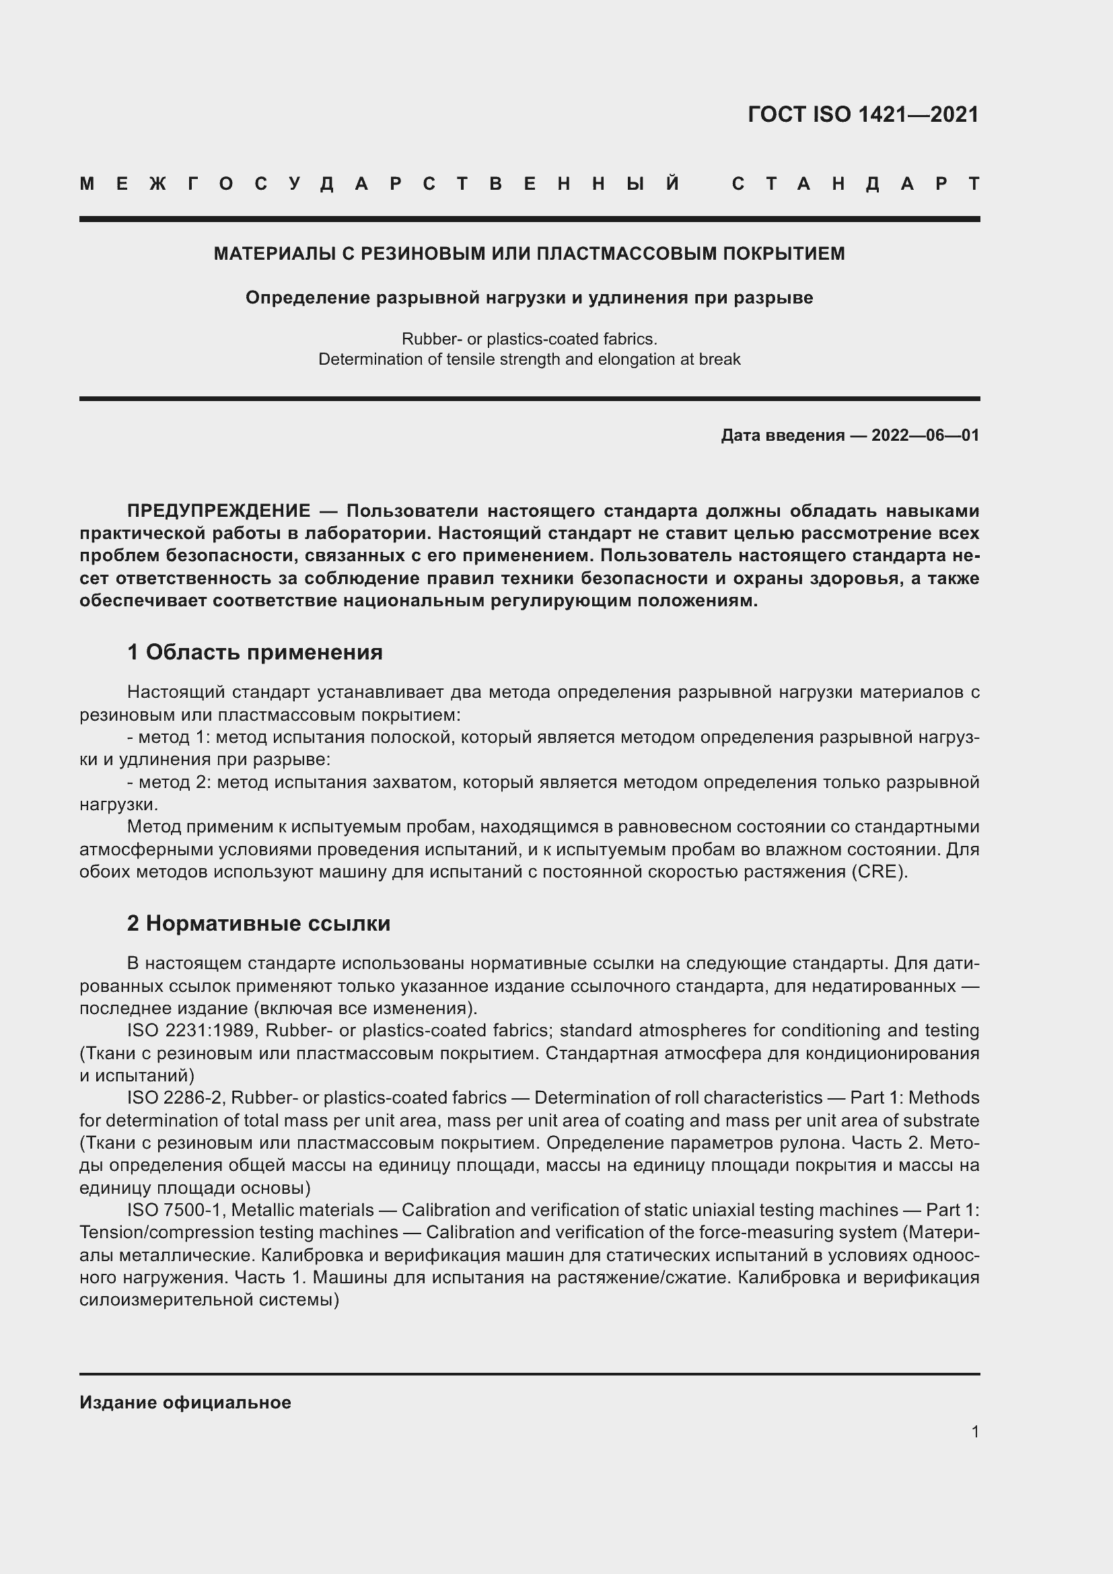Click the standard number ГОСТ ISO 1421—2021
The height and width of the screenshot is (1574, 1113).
click(863, 114)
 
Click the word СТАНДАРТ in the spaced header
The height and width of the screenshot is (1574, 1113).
click(855, 184)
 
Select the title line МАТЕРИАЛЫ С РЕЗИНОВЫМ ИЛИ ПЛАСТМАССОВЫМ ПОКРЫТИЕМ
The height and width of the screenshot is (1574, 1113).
click(529, 254)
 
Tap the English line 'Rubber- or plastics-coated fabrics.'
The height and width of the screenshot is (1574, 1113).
click(529, 338)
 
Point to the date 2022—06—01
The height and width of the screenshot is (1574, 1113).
click(925, 435)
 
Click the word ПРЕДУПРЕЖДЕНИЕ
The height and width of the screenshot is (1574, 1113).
click(219, 511)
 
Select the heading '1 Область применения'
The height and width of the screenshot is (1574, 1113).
click(254, 652)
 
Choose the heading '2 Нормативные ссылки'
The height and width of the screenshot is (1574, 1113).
click(258, 923)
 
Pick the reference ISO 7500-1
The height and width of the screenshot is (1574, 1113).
click(174, 1210)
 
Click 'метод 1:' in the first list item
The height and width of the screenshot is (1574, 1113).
click(174, 737)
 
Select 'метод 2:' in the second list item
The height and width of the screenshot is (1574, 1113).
click(174, 782)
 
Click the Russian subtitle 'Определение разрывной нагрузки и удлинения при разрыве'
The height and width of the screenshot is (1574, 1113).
click(529, 297)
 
